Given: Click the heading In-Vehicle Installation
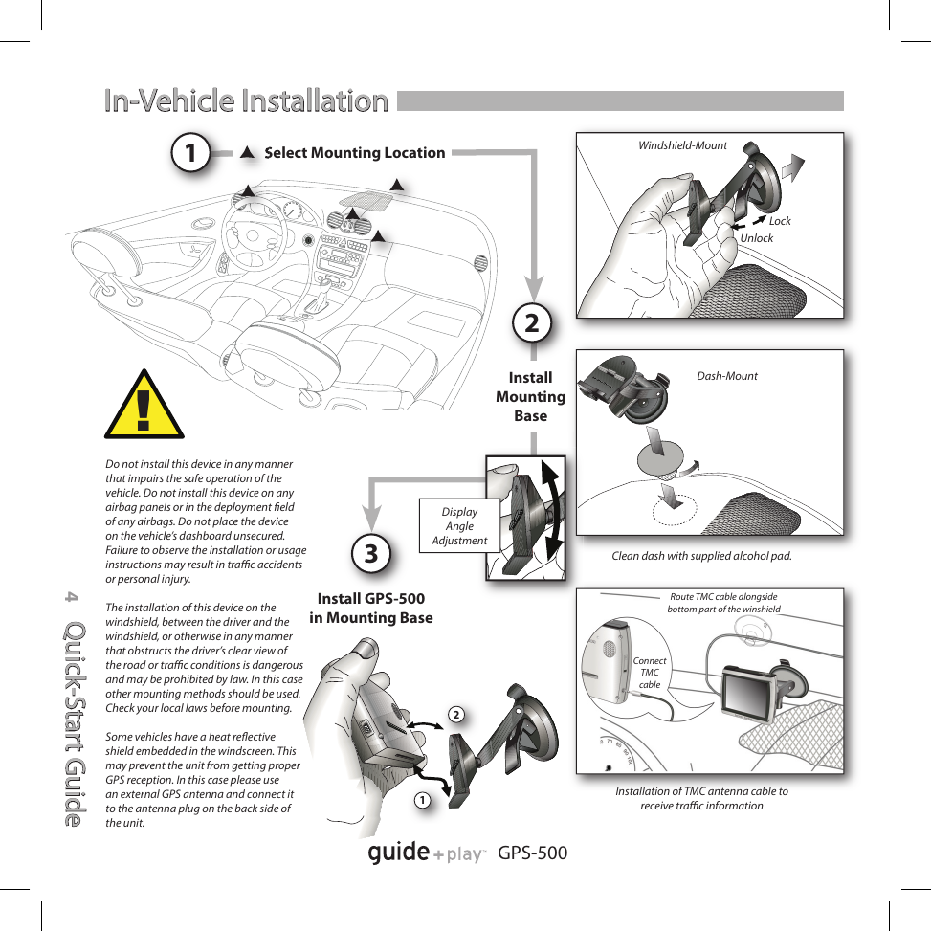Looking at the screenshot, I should click(246, 100).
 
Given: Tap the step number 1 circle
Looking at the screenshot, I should click(192, 152).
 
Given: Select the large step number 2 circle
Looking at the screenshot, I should click(531, 322).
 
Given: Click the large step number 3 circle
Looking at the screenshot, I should click(372, 552).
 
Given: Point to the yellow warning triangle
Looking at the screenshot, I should click(144, 406).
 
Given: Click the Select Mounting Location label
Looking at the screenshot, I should click(354, 152).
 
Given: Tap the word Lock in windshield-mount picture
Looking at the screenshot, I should click(780, 221).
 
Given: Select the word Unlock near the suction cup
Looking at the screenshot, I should click(756, 238).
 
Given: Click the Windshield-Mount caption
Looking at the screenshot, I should click(682, 145).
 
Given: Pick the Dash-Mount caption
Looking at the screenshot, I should click(726, 376).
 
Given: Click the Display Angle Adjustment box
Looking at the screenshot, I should click(459, 526).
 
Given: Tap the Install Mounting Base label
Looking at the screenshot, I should click(530, 396).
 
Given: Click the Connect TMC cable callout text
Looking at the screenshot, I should click(650, 673).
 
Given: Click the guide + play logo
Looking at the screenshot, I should click(428, 852).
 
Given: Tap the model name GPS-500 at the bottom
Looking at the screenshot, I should click(533, 852).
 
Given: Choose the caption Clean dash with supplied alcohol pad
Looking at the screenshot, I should click(701, 556).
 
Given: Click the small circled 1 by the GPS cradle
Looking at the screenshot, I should click(422, 798).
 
